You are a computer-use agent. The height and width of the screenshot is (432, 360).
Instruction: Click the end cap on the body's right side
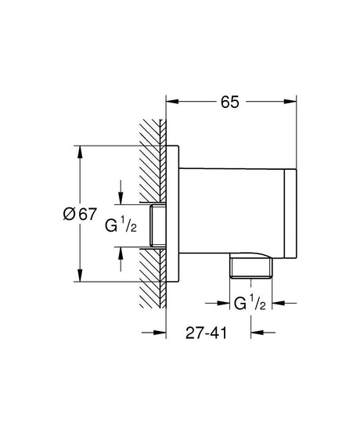(x=290, y=213)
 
